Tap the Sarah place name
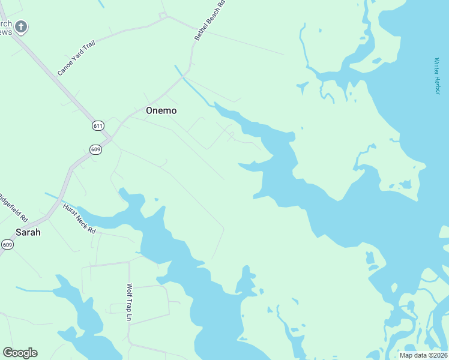[28, 232]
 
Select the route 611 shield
[98, 125]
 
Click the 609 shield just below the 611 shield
[95, 149]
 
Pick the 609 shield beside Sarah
[7, 244]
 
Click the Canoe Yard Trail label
[76, 58]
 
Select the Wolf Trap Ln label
[129, 302]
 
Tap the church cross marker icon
[22, 26]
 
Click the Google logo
[20, 353]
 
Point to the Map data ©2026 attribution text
[423, 355]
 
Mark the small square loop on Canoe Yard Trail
[162, 16]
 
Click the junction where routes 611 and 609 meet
[110, 137]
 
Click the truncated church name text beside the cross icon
[5, 28]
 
